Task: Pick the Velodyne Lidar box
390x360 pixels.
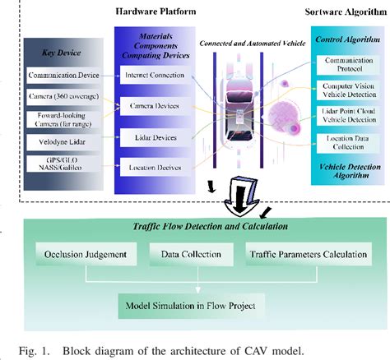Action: click(x=64, y=145)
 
